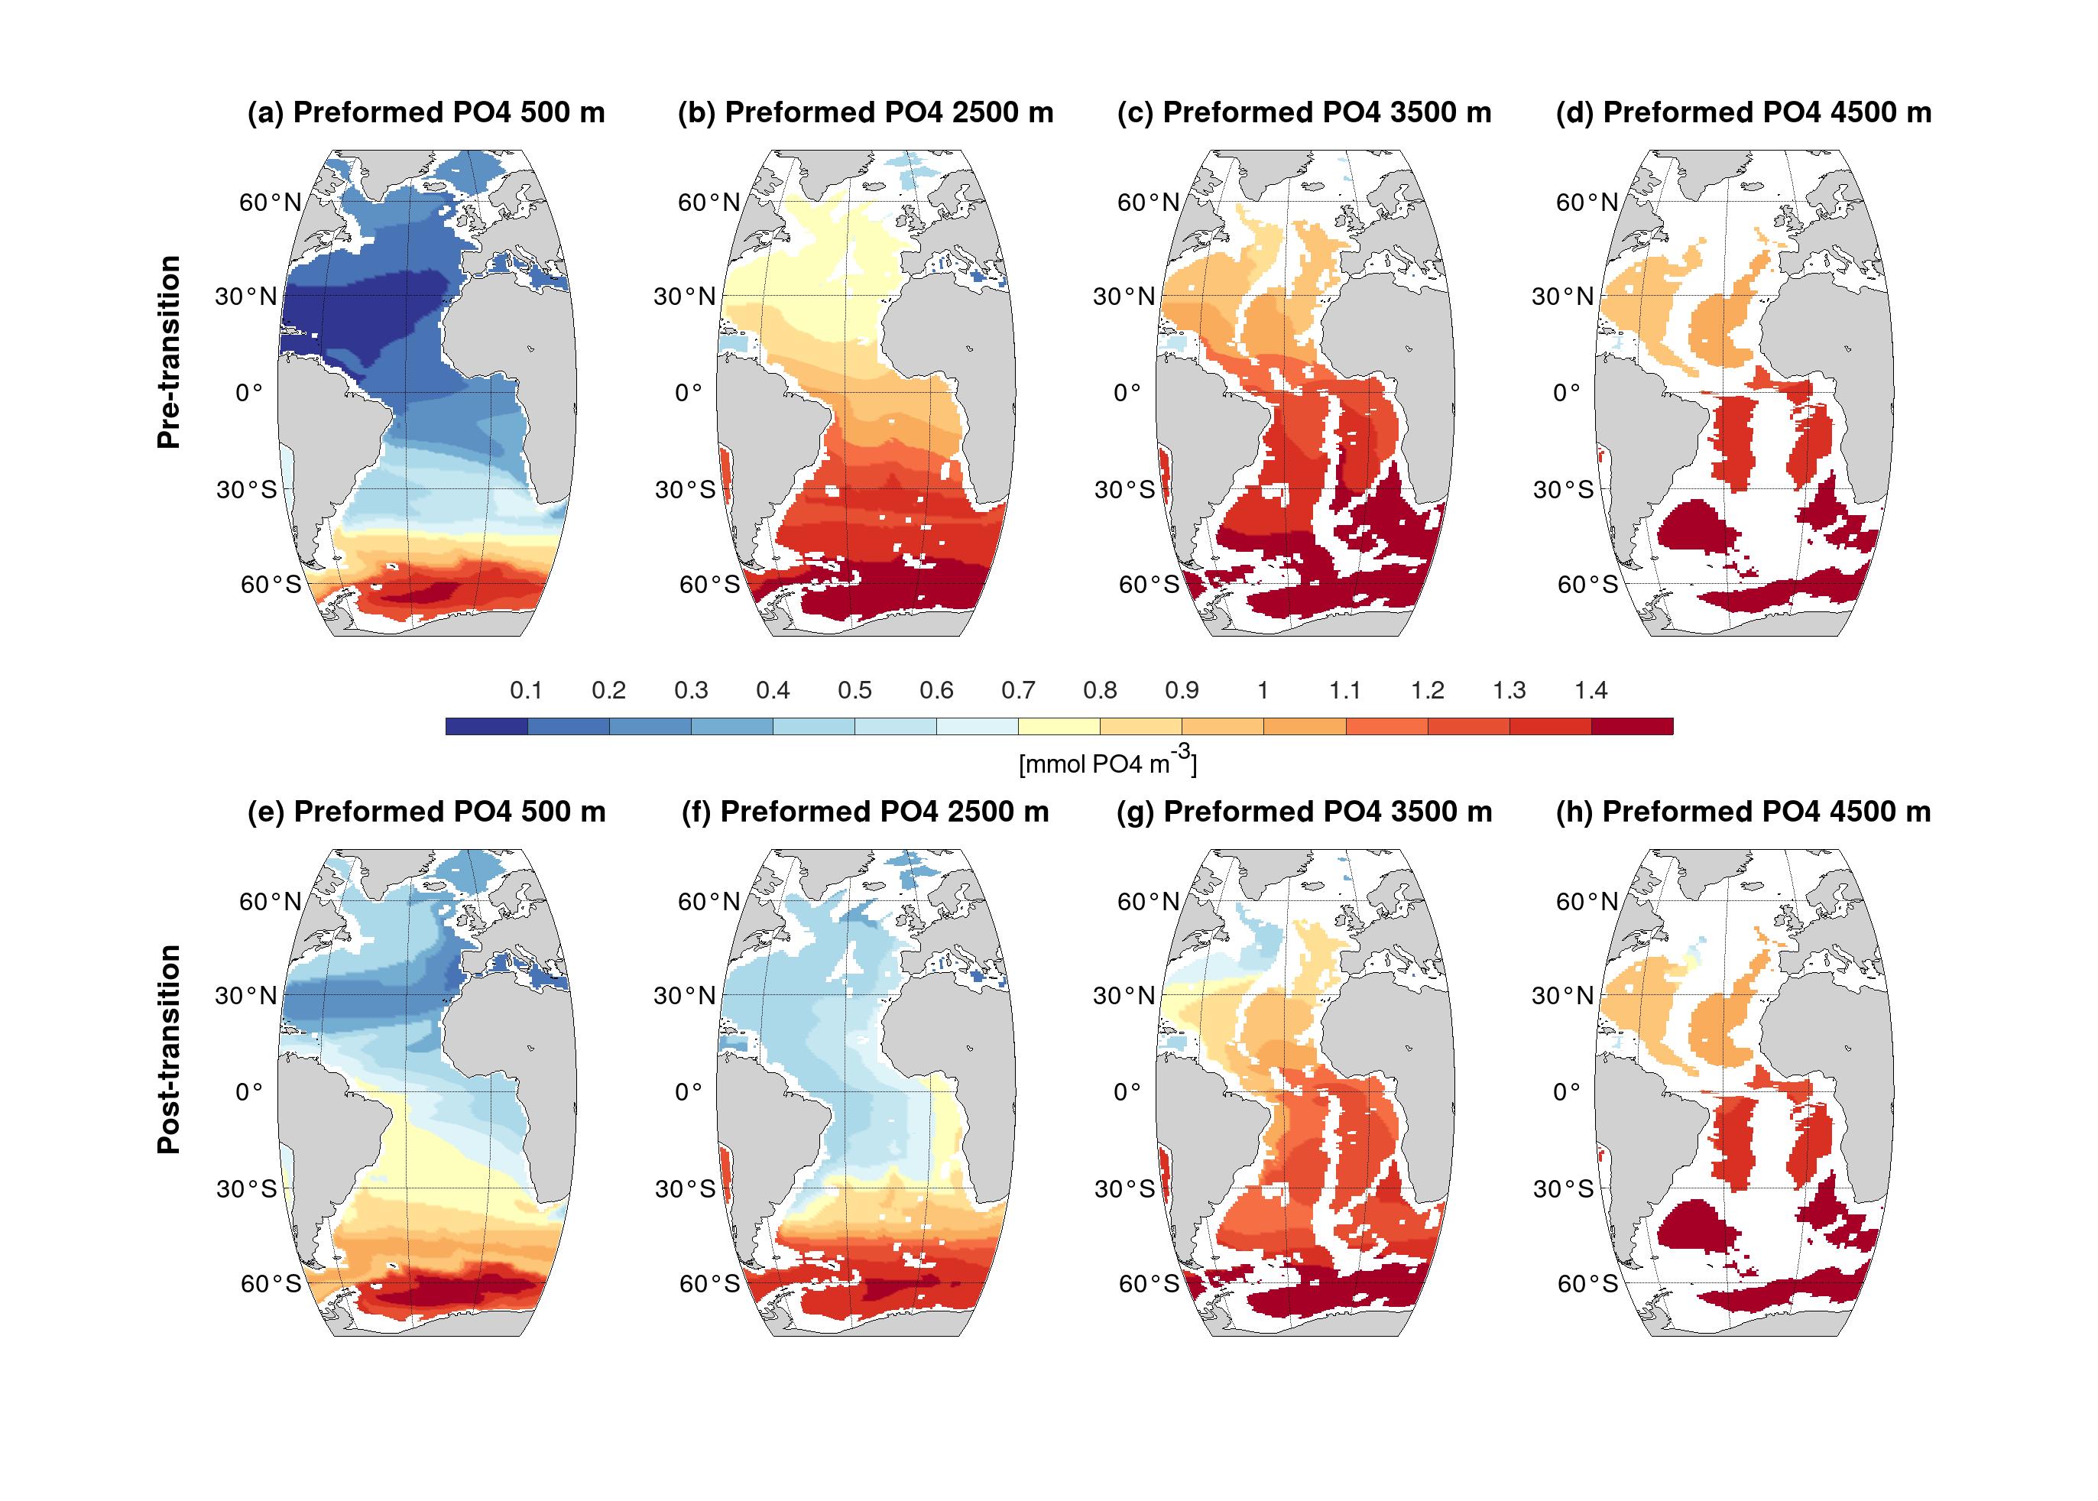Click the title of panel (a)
(x=426, y=113)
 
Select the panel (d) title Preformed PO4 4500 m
(x=1743, y=113)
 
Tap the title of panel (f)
(x=865, y=812)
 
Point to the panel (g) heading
(x=1304, y=812)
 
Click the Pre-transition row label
(x=168, y=352)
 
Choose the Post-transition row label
(x=168, y=1049)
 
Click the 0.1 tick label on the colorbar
(x=526, y=690)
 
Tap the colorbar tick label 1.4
(x=1591, y=690)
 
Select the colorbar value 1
(x=1263, y=690)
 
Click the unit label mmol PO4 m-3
(x=1107, y=763)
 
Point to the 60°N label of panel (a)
(x=270, y=203)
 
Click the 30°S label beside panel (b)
(x=685, y=490)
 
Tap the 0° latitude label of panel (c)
(x=1127, y=393)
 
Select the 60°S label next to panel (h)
(x=1587, y=1283)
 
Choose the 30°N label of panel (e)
(x=246, y=995)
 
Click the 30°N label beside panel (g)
(x=1124, y=995)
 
